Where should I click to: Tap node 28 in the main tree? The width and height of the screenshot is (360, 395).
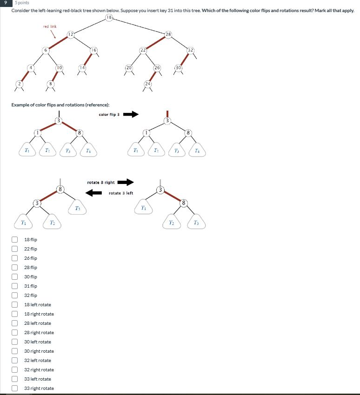168,34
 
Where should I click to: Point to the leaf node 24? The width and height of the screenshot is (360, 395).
147,84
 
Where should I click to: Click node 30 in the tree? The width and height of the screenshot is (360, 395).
179,68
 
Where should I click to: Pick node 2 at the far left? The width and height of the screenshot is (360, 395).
19,84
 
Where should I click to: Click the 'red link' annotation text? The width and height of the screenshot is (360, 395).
50,26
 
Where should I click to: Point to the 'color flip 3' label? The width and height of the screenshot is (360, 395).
109,114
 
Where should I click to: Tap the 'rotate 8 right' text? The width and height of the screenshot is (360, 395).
100,183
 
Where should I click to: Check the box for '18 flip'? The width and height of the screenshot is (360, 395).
15,240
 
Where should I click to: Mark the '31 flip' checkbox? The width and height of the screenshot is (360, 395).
15,286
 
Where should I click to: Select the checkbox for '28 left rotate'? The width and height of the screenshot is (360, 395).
15,323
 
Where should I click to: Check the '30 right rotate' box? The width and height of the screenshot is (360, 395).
15,351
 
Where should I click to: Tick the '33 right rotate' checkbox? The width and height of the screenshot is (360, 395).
15,388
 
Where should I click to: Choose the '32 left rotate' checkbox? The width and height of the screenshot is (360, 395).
15,361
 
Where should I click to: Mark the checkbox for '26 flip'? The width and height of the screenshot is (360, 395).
15,258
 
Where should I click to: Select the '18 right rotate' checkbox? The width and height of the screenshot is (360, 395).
15,314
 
